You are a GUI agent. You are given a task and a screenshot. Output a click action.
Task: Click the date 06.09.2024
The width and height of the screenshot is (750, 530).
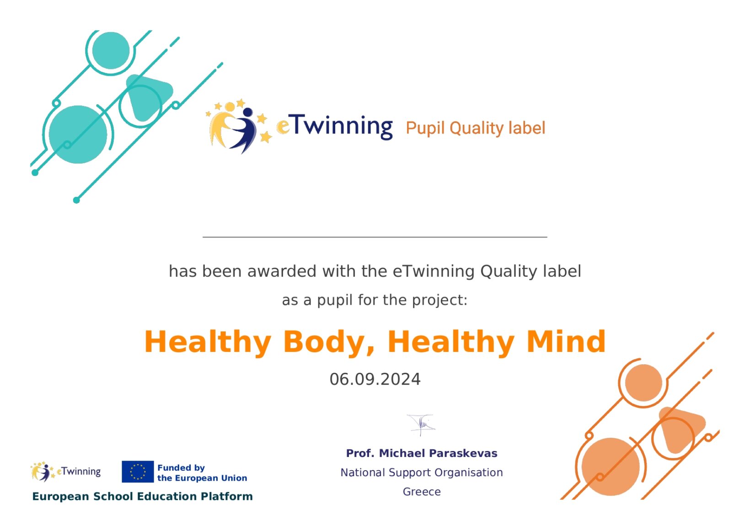tap(375, 379)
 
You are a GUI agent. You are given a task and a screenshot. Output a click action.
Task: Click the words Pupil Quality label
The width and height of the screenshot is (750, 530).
tap(476, 128)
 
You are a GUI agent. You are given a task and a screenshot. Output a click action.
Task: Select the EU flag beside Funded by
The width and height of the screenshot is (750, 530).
tap(138, 472)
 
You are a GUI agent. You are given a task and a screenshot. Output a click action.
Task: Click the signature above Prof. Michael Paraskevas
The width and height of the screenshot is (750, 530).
tap(421, 425)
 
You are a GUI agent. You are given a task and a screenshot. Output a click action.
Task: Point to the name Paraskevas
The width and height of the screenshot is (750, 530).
tap(463, 453)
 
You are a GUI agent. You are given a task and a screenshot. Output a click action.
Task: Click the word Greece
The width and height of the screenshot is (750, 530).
tap(422, 492)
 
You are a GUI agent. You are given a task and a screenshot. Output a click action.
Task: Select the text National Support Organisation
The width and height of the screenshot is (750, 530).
tap(422, 472)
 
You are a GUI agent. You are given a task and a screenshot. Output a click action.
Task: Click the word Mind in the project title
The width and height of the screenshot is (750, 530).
tap(566, 341)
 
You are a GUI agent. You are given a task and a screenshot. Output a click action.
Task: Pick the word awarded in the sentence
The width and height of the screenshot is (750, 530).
tap(282, 271)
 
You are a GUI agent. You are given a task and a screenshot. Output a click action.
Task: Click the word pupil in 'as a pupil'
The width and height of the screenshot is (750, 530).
tap(334, 301)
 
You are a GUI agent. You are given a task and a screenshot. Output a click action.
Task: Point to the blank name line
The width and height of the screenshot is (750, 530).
tap(375, 237)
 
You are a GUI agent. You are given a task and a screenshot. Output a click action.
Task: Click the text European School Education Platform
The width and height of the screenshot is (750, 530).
tap(142, 496)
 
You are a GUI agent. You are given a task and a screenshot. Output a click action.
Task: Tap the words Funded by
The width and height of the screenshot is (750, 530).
tap(181, 468)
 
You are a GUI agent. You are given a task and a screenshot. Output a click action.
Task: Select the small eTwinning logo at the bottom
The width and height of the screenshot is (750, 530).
tap(66, 472)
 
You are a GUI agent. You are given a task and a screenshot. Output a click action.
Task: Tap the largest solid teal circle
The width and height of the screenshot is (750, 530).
tap(78, 134)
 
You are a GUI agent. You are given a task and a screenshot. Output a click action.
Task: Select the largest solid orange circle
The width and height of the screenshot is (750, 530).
tap(611, 467)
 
